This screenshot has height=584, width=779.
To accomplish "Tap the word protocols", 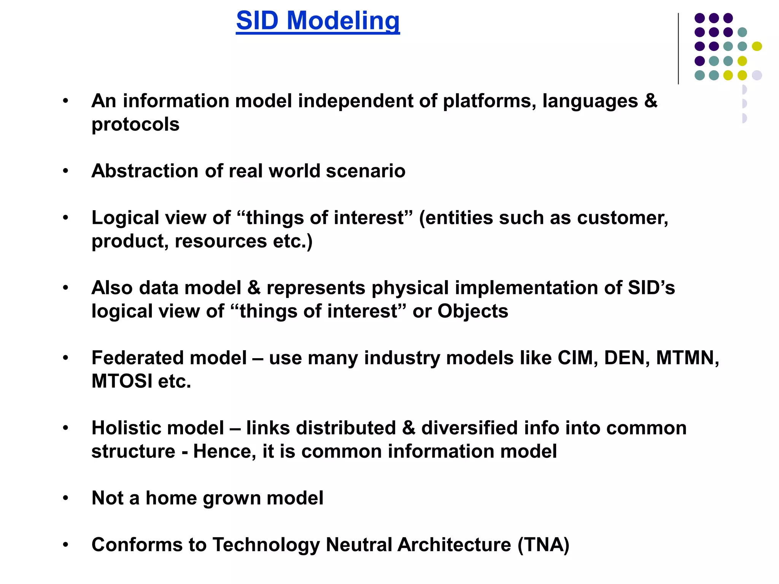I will [x=135, y=125].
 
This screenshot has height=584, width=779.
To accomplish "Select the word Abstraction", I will [x=145, y=171].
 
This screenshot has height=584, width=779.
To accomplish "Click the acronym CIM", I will [x=577, y=358].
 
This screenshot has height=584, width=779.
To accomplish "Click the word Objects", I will [x=472, y=311].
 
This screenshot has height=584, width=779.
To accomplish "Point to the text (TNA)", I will [x=543, y=545].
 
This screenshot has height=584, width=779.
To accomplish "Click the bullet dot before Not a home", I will [x=66, y=498].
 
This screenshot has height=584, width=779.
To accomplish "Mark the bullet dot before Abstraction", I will [x=66, y=171].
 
